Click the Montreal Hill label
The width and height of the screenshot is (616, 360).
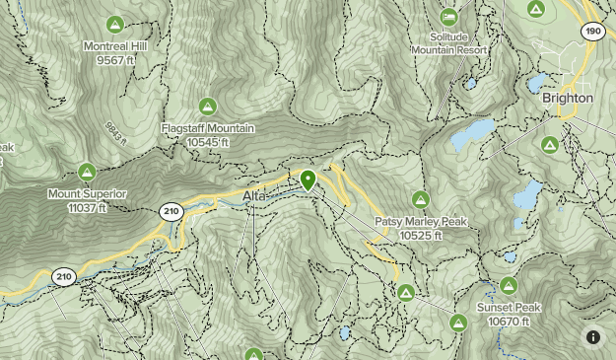tap(116, 46)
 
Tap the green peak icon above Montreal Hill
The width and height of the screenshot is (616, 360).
tap(115, 24)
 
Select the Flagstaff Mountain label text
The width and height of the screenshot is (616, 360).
tap(208, 129)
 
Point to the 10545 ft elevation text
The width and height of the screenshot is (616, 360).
tap(208, 142)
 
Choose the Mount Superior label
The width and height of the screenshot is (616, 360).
tap(87, 194)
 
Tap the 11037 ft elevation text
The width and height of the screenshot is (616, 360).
tap(87, 207)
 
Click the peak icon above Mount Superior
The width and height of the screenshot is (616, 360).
tap(87, 172)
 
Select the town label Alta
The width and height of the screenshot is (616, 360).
tap(254, 197)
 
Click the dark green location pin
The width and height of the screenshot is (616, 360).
tap(308, 180)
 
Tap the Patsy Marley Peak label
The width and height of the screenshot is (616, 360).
tap(420, 222)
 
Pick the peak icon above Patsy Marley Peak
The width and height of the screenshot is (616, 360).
tap(419, 199)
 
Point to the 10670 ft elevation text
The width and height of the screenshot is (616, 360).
tap(509, 322)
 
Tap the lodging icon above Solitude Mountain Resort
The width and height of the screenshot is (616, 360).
tap(449, 16)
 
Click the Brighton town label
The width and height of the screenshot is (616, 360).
tap(568, 99)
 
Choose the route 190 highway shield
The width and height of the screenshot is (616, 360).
tap(592, 31)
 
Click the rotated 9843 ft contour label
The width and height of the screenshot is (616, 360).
tap(116, 133)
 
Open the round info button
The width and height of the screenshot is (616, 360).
tap(593, 337)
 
